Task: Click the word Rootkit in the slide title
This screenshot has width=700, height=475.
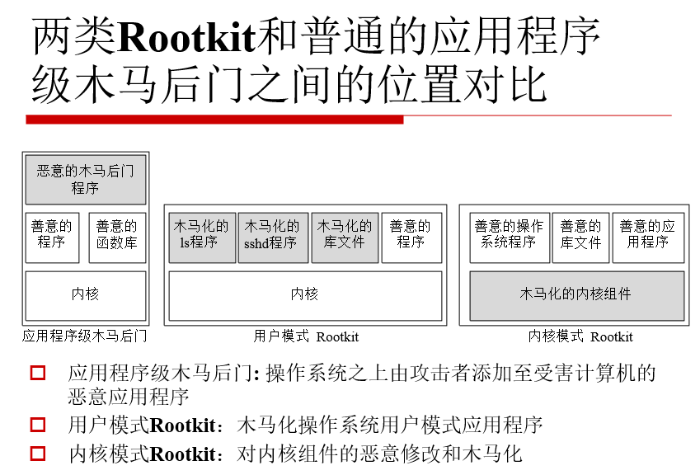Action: click(186, 37)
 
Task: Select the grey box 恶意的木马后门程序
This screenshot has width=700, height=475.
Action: click(86, 180)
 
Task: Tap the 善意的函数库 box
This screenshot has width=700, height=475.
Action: click(117, 237)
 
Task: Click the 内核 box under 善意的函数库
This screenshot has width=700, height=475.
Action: click(86, 295)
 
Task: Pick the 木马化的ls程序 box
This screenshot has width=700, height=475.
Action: click(202, 237)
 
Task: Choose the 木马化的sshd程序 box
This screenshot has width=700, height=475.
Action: click(273, 237)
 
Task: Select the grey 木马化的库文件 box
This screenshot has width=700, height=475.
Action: click(345, 237)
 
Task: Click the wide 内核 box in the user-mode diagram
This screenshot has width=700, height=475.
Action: click(305, 295)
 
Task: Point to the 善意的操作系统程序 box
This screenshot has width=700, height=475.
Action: click(510, 237)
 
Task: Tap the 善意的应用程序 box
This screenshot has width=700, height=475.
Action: click(648, 237)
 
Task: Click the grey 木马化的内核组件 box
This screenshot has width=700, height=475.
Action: click(577, 295)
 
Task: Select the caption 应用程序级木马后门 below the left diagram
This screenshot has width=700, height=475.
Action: click(85, 336)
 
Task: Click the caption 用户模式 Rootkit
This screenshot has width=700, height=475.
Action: click(306, 336)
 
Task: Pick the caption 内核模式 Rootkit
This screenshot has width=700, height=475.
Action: click(580, 336)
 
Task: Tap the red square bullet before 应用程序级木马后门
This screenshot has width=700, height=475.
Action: click(38, 373)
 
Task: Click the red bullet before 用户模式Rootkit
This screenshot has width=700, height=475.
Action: click(38, 425)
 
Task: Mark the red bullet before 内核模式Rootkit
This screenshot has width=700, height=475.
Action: click(38, 454)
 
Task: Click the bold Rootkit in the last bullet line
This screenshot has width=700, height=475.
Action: click(183, 454)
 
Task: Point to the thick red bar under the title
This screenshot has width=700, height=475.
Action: click(214, 120)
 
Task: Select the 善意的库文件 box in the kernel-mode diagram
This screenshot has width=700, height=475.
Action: click(580, 237)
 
